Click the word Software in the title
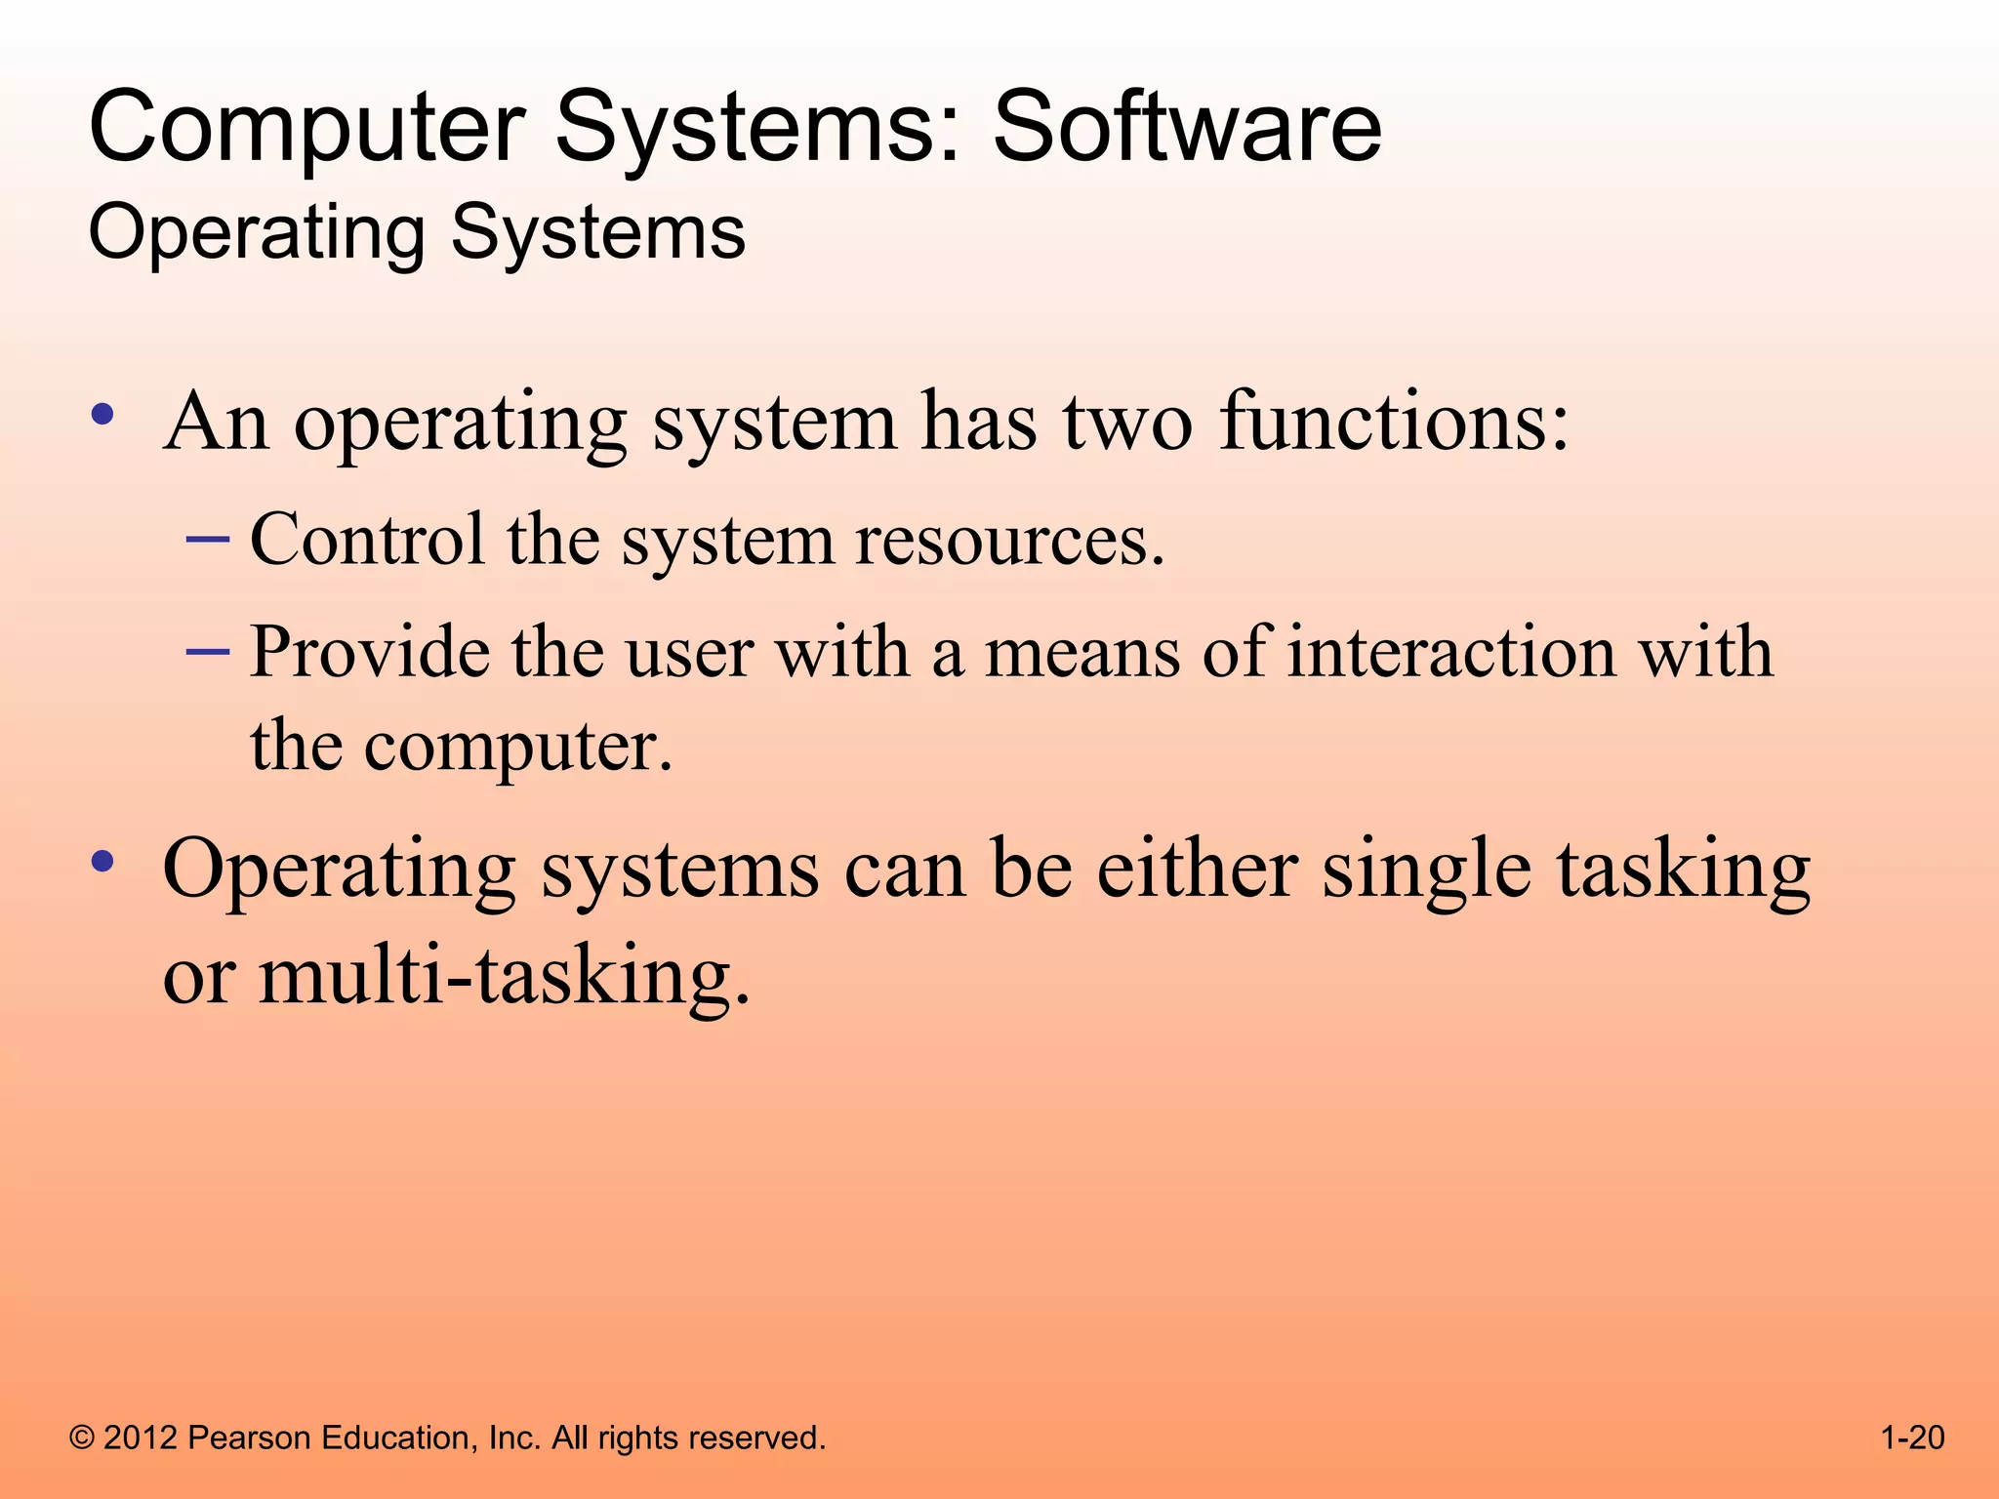1187,127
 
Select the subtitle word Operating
257,234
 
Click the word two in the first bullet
1127,424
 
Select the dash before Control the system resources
208,539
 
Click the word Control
367,539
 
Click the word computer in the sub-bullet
518,748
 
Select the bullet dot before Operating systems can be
102,862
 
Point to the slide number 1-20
1912,1438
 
